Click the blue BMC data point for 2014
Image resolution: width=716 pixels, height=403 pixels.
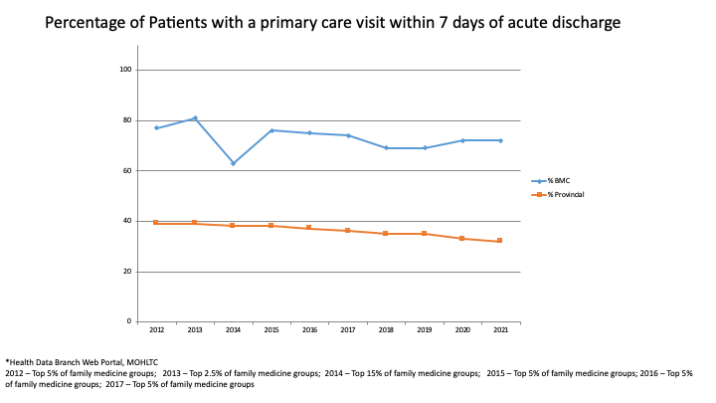click(233, 163)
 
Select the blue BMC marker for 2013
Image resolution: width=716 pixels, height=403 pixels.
click(195, 118)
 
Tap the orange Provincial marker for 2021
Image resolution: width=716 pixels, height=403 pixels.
click(499, 241)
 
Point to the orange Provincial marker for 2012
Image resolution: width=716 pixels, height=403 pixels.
click(156, 223)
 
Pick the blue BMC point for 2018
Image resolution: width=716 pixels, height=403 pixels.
click(385, 148)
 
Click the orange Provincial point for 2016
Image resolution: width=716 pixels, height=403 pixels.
click(309, 228)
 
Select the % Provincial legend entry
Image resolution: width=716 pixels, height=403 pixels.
click(563, 194)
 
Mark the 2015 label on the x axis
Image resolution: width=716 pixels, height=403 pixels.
click(270, 328)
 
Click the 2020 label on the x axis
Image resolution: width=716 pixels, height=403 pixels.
click(461, 328)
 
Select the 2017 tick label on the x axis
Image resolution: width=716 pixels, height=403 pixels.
click(347, 328)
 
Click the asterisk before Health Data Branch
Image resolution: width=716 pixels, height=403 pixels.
click(8, 362)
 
